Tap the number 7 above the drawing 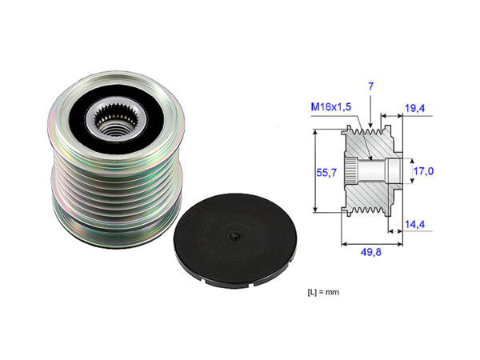(370, 85)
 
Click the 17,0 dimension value (423, 170)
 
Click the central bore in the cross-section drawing (377, 171)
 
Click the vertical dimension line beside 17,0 (406, 170)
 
